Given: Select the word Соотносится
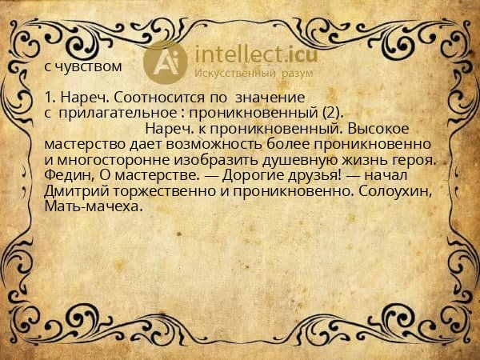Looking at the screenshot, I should coord(146,98).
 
